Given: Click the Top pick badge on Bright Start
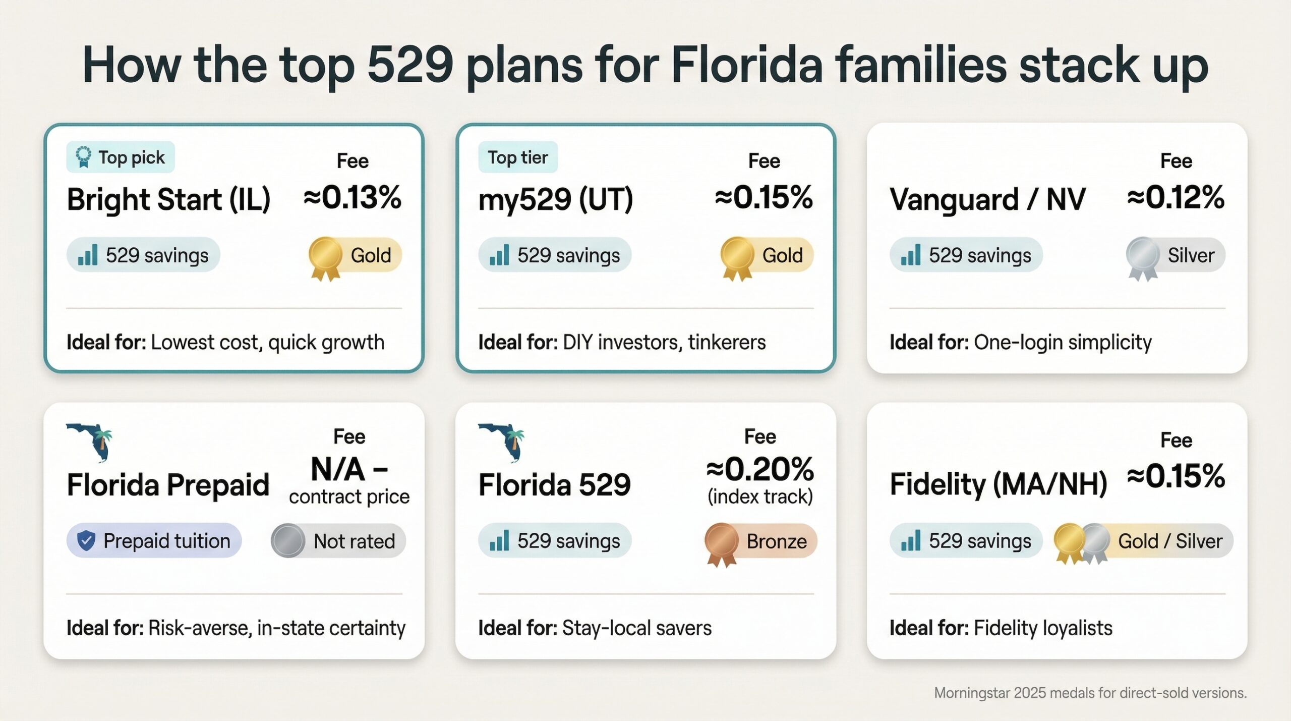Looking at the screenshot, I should [121, 157].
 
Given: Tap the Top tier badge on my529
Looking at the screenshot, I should [517, 157].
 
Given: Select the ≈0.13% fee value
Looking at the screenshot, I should [352, 197].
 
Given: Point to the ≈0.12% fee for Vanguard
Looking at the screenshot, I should [1176, 197].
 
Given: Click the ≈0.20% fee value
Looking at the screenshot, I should [760, 469].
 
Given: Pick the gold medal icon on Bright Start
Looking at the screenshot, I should [325, 257].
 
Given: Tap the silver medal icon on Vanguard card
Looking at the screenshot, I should [1143, 257].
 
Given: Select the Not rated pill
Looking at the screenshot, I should [338, 541].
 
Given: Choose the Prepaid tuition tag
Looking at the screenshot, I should [154, 541].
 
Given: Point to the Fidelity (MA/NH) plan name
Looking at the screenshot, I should [998, 484].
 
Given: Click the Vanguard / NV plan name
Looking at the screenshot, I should [987, 199].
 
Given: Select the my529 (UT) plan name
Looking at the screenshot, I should [555, 199].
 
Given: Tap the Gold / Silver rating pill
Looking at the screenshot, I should [1143, 541].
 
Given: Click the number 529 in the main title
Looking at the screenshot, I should [409, 66].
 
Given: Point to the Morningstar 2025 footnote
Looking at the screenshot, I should [1090, 693].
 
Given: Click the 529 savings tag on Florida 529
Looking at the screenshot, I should [555, 541].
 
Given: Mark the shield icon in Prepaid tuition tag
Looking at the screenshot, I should [86, 541].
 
